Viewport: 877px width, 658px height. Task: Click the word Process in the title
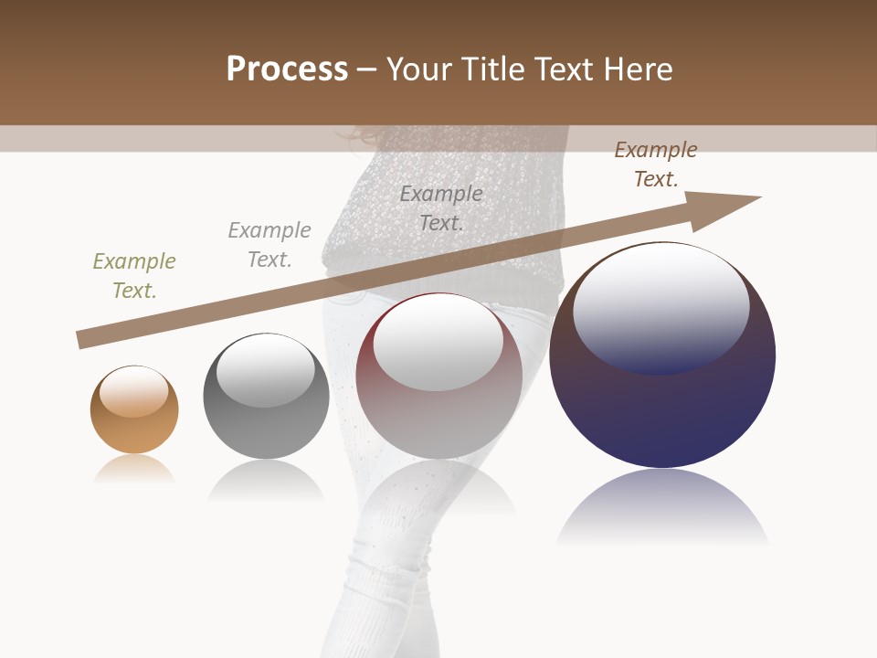pos(287,69)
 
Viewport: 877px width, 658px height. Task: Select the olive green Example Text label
pos(134,275)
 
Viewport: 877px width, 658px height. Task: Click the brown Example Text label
pos(656,164)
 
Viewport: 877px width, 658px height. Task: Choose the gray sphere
pos(266,430)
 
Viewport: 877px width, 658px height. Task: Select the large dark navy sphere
pos(662,411)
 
